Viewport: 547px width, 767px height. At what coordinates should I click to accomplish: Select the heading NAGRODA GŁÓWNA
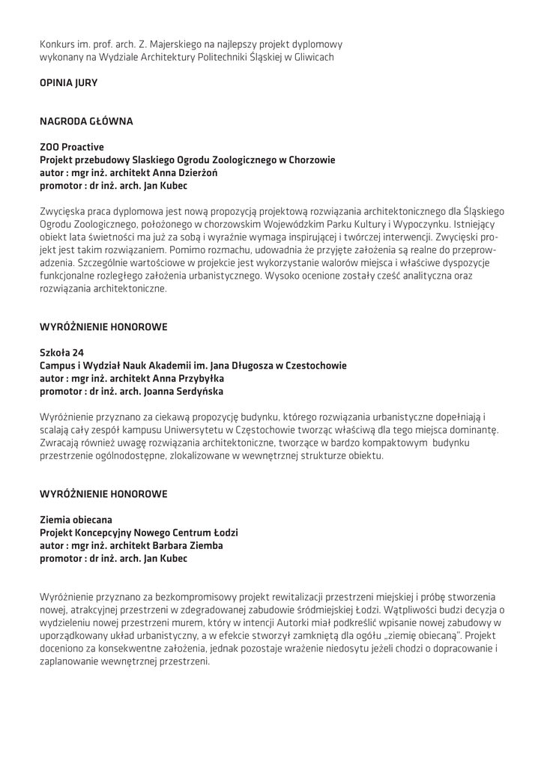pyautogui.click(x=86, y=121)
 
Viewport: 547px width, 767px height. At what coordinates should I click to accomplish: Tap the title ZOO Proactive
pyautogui.click(x=71, y=147)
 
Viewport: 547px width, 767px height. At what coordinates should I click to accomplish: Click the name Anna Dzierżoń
pyautogui.click(x=173, y=172)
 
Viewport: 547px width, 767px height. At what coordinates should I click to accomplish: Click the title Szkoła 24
pyautogui.click(x=61, y=353)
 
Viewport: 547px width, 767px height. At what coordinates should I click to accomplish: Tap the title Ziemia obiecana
pyautogui.click(x=76, y=519)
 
